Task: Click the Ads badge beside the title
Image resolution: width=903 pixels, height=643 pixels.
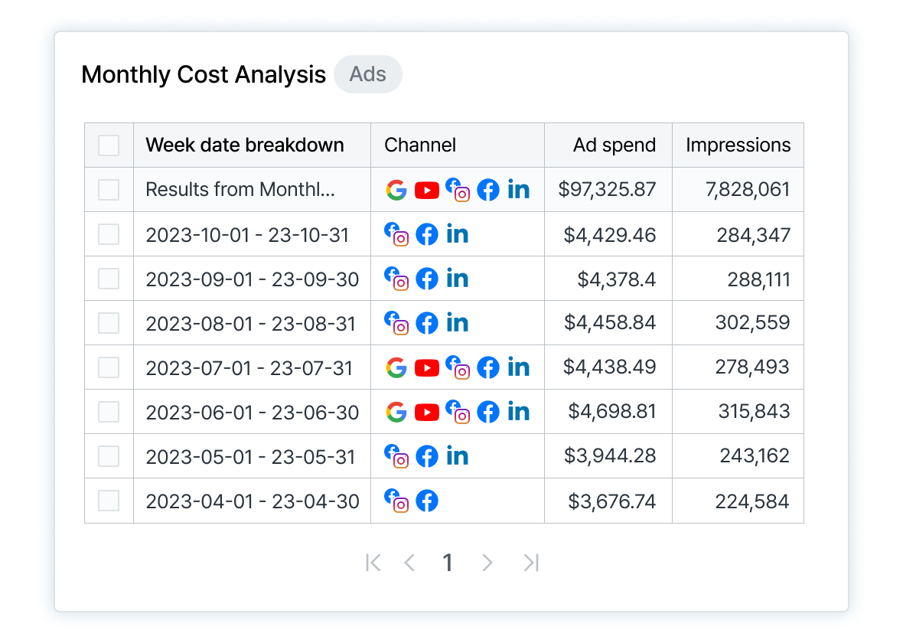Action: pos(368,74)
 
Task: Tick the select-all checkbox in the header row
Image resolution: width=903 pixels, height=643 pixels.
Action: pos(109,145)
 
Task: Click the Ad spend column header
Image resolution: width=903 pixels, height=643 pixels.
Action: pos(614,145)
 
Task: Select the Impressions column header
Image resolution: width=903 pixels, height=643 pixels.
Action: pos(738,145)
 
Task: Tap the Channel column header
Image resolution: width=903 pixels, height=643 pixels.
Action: pos(420,145)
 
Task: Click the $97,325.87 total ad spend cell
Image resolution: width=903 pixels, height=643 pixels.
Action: pos(607,190)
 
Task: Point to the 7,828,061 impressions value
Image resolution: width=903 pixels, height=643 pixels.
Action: pos(748,190)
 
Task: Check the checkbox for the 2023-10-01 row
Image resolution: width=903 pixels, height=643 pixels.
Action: pos(109,234)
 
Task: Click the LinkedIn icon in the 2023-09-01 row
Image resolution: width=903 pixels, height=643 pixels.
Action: pos(458,279)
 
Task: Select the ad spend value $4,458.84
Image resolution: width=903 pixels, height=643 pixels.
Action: pos(610,323)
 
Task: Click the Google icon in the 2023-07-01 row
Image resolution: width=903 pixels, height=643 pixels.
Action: pos(396,367)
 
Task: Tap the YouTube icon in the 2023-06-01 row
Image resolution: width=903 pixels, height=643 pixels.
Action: pos(427,412)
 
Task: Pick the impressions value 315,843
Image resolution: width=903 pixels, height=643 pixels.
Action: pos(754,412)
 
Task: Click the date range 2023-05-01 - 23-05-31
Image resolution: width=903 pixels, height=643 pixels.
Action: pos(251,456)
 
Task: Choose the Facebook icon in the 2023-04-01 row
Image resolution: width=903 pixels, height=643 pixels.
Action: pos(427,501)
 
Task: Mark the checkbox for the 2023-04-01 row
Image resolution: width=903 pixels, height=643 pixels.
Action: pos(109,501)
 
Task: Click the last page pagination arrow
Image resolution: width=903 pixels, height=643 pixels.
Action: pos(531,563)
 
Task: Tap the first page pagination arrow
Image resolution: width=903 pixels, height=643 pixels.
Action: pos(373,563)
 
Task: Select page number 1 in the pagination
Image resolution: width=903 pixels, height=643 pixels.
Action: pos(448,563)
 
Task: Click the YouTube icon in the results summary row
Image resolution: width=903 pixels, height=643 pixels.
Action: pos(427,190)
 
